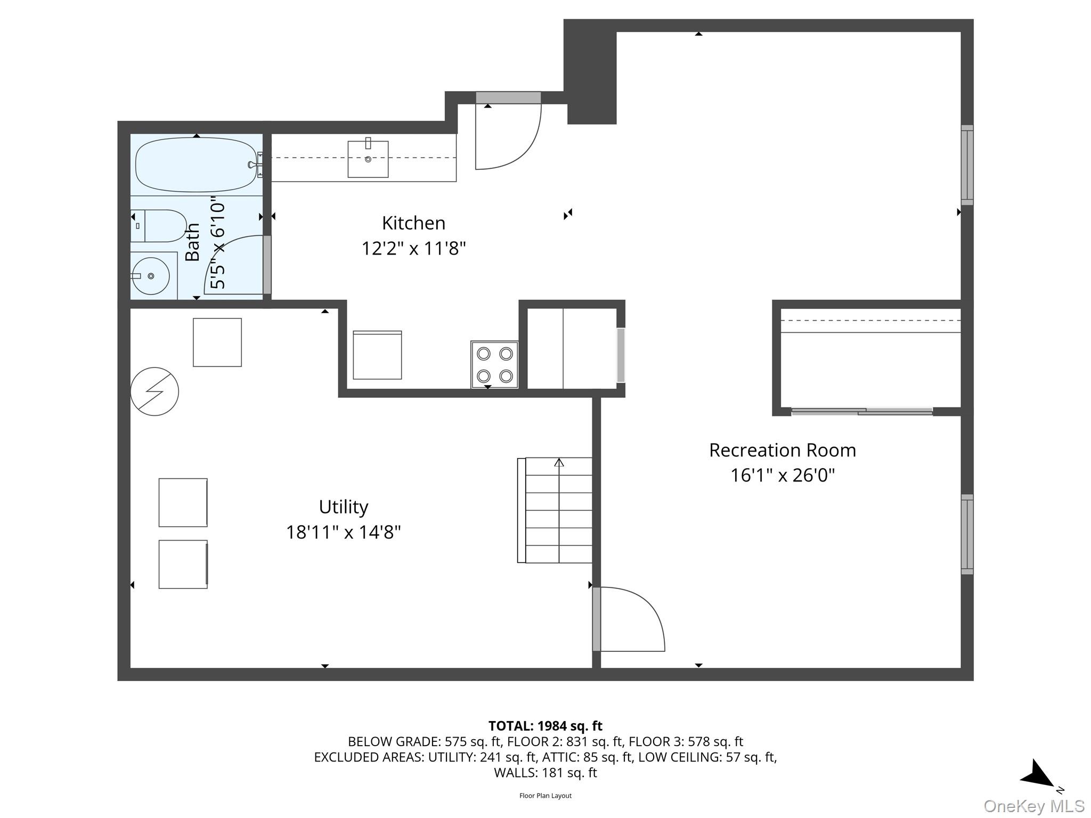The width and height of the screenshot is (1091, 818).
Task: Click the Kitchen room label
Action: tap(413, 223)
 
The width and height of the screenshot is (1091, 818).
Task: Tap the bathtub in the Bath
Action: tap(196, 165)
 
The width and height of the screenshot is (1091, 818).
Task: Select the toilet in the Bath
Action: tap(160, 226)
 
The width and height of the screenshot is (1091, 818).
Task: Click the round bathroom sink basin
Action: tap(151, 276)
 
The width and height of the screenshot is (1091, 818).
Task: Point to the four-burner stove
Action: tap(494, 365)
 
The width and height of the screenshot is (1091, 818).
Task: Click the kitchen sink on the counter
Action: tap(368, 159)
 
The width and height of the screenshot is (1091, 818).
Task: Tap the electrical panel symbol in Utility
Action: tap(154, 391)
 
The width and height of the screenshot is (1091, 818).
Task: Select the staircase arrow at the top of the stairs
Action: tap(559, 463)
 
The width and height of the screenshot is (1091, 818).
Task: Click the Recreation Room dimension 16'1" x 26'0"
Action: tap(782, 475)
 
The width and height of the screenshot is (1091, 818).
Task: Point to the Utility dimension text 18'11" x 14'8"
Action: tap(343, 532)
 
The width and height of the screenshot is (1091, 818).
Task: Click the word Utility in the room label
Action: tap(343, 506)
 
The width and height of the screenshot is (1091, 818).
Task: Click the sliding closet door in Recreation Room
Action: tap(861, 411)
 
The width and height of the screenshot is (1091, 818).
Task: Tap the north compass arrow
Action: tap(1038, 775)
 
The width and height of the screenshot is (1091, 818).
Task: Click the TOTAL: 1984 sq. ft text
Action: tap(545, 726)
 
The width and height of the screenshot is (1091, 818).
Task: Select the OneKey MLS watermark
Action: tap(1033, 806)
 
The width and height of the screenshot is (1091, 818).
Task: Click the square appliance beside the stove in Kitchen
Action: tap(377, 355)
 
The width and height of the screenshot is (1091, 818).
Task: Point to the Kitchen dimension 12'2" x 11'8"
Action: tap(413, 249)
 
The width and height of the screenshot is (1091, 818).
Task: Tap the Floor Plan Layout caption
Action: tap(545, 796)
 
